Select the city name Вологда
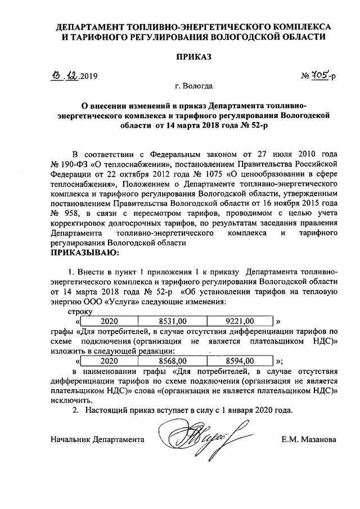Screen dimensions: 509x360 (199, 87)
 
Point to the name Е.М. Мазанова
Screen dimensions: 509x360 (310, 438)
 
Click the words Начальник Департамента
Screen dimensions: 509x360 (97, 438)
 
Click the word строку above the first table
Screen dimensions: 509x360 (79, 311)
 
